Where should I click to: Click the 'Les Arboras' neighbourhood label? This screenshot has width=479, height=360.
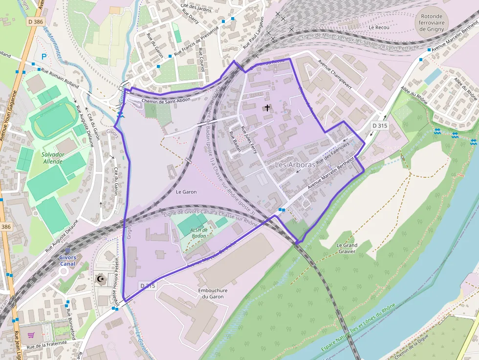coord(295,165)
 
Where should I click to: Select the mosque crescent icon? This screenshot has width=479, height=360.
coord(101,279)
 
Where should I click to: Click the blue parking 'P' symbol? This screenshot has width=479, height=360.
coord(44,57)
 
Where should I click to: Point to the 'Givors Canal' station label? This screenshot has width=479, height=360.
coord(67,260)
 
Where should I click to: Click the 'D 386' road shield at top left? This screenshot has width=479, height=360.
coord(36,21)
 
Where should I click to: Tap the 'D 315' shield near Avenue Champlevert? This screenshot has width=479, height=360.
coord(379,126)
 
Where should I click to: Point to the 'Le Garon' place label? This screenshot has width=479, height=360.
coord(186,192)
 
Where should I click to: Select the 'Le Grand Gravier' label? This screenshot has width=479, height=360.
coord(347,248)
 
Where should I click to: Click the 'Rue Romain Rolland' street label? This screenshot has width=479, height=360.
coord(60,78)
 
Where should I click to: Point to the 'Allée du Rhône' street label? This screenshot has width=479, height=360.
coord(465,88)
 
